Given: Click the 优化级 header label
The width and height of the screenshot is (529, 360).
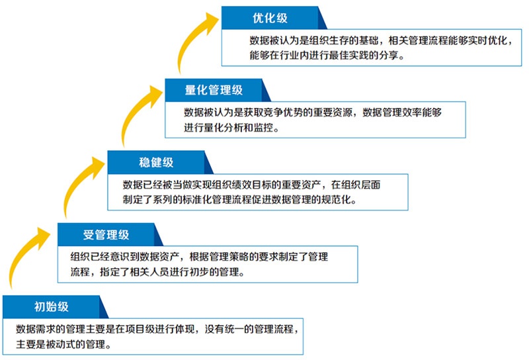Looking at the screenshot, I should [x=270, y=18].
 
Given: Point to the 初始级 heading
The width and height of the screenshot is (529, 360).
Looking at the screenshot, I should [x=52, y=306].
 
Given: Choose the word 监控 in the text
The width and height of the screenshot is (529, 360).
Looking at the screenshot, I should [x=262, y=128].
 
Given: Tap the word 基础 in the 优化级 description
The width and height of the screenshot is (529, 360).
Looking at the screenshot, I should [x=365, y=40].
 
